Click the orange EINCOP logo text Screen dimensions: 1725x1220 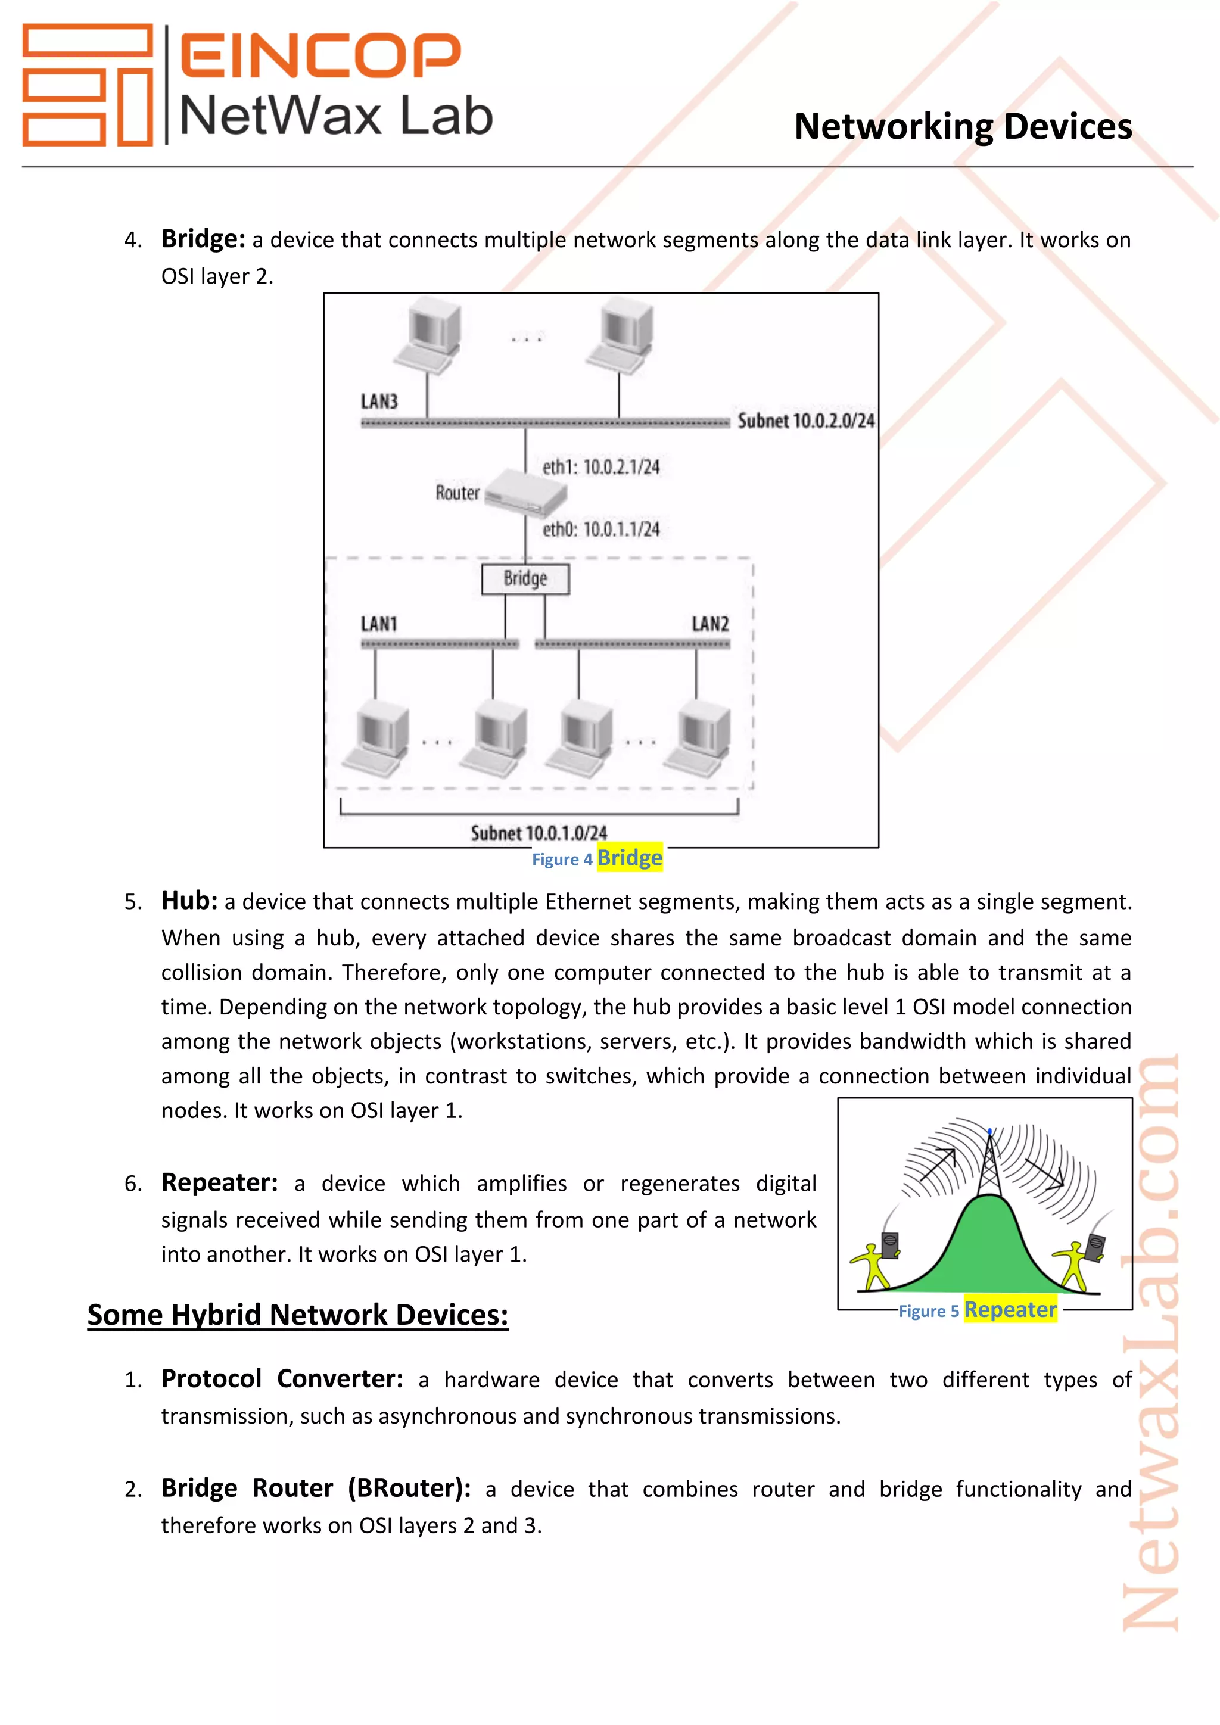point(320,55)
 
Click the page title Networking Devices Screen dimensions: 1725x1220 point(963,126)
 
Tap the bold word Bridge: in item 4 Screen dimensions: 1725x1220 point(203,239)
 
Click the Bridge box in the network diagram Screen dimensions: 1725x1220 point(525,578)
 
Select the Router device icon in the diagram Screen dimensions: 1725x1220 point(526,492)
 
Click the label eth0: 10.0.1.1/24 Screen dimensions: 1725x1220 point(601,529)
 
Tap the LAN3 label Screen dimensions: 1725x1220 point(379,401)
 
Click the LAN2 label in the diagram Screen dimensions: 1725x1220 point(710,624)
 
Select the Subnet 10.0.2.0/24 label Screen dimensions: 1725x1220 point(805,421)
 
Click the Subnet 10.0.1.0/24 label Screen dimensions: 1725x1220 point(539,833)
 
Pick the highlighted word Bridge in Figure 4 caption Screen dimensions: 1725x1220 point(630,857)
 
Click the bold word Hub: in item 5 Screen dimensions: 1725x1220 point(189,900)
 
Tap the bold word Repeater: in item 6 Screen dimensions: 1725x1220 point(219,1182)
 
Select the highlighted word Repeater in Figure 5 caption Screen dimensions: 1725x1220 point(1010,1309)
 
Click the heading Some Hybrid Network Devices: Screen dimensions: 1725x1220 point(297,1315)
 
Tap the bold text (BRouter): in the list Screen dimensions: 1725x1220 point(409,1487)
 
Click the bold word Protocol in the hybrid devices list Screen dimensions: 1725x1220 point(211,1379)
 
